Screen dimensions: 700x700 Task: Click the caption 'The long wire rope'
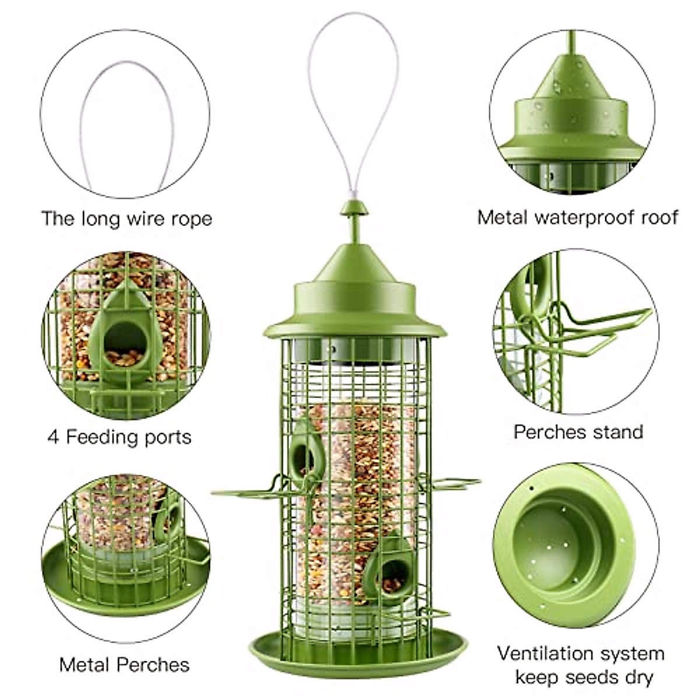click(127, 219)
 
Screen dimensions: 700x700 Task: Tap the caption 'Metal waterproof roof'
click(577, 217)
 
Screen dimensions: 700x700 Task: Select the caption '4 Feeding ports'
click(119, 437)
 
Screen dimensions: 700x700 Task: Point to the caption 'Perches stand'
click(578, 432)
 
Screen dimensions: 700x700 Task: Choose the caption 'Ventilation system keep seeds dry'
click(580, 665)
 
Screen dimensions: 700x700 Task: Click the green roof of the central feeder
click(354, 303)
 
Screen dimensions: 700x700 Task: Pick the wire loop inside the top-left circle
click(126, 125)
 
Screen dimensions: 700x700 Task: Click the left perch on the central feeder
click(245, 489)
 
